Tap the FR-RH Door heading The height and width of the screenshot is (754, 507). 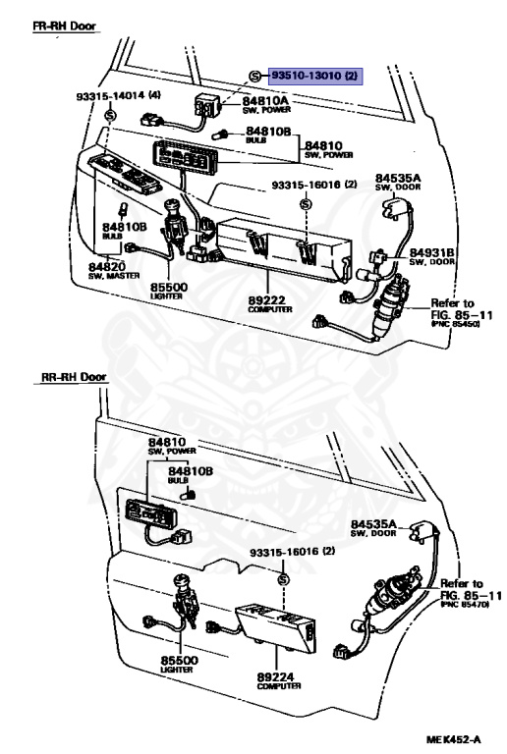(x=65, y=26)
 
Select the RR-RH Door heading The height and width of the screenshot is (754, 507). (x=74, y=377)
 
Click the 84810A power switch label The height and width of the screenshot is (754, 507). (x=265, y=104)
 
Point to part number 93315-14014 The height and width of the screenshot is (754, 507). (x=118, y=95)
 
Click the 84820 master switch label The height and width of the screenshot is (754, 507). (x=114, y=271)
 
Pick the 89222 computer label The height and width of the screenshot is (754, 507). (x=270, y=304)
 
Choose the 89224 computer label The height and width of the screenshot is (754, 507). (x=278, y=681)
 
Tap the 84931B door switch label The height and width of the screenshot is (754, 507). (x=432, y=257)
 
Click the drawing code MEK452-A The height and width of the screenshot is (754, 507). (x=453, y=739)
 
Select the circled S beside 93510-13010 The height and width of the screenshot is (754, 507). (x=254, y=76)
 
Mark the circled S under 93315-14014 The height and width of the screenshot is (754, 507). (x=111, y=115)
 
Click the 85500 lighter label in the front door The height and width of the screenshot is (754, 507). (x=169, y=292)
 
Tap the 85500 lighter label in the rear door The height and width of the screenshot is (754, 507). (x=179, y=665)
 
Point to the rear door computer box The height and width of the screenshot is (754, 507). (x=276, y=627)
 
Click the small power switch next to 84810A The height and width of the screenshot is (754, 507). (x=207, y=105)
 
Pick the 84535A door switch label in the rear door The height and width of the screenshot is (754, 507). (x=373, y=527)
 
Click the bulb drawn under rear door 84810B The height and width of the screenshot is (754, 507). (x=190, y=493)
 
